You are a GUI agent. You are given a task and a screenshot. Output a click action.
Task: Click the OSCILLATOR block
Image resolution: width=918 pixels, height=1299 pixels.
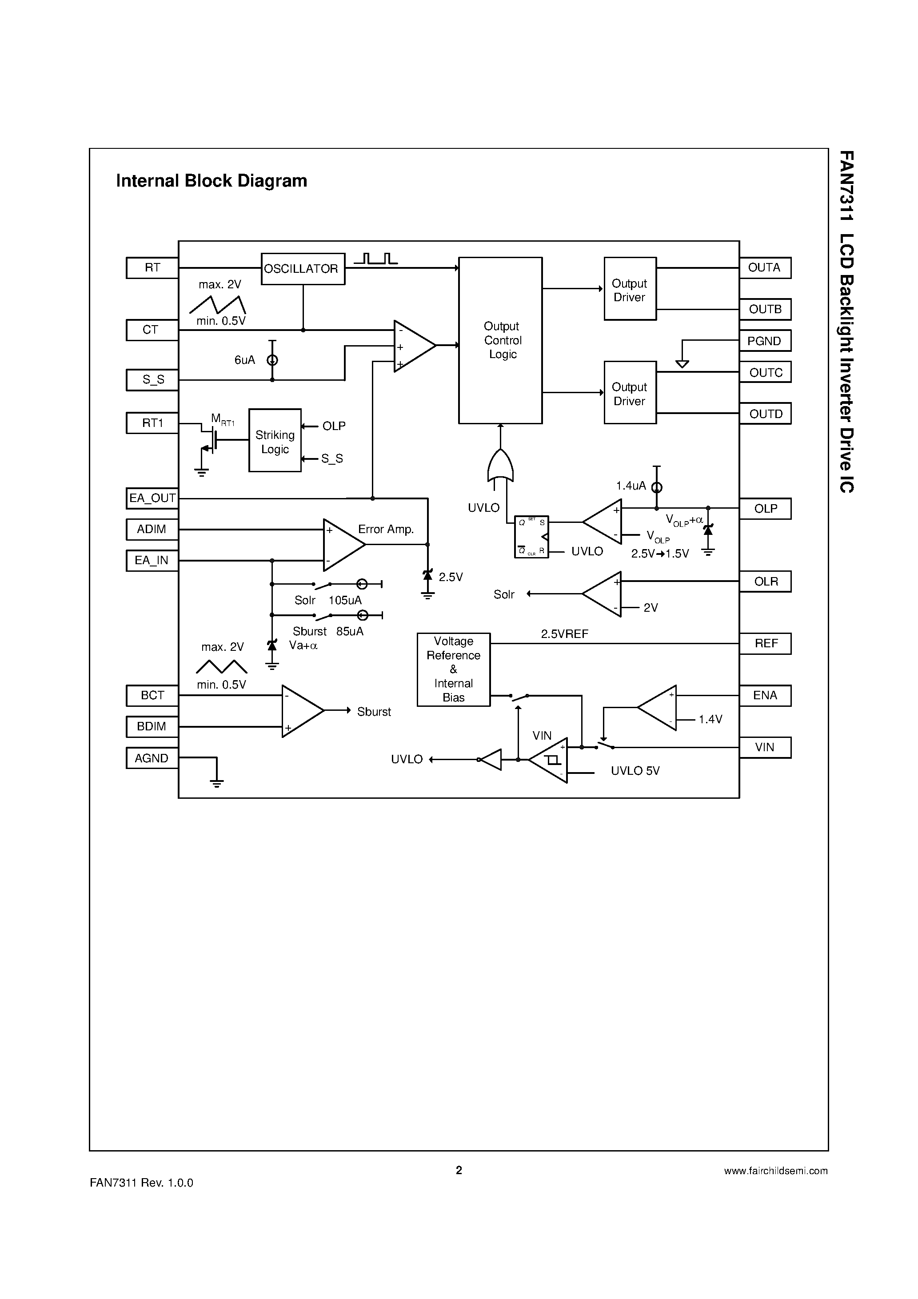tap(303, 269)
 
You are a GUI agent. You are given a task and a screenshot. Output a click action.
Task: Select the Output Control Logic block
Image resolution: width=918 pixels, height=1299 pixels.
tap(500, 340)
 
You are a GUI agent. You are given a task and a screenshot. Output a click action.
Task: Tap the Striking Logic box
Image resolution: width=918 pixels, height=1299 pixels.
tap(275, 440)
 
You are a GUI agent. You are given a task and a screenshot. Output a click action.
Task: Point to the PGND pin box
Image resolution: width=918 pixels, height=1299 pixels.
tap(765, 341)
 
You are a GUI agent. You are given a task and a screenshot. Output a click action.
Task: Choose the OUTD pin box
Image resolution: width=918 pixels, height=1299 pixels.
tap(765, 414)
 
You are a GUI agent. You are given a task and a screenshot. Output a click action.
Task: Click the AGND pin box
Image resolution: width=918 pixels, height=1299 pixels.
tap(152, 758)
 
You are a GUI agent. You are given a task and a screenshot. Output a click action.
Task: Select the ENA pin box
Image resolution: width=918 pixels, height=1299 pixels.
tap(765, 695)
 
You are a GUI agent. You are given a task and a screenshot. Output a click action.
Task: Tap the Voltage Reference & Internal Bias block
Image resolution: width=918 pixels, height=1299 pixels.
tap(453, 669)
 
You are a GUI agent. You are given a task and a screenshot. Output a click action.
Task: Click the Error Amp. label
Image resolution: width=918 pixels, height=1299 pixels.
tap(386, 529)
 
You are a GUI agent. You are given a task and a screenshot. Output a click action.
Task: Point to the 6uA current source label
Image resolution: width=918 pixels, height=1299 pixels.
tap(244, 360)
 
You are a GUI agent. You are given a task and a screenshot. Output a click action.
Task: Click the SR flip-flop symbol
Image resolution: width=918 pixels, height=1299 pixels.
tap(531, 536)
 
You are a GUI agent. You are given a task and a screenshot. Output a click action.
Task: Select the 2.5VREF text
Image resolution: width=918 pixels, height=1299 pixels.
tap(564, 634)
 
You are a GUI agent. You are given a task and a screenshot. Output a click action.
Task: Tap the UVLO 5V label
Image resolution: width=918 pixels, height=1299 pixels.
tap(635, 771)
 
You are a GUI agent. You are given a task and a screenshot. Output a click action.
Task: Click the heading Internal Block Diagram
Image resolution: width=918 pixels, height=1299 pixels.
tap(212, 180)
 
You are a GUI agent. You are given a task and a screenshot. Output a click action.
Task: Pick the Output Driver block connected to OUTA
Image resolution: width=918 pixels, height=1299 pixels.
tap(629, 289)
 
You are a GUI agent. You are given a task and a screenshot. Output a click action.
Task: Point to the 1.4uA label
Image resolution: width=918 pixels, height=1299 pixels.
tap(631, 486)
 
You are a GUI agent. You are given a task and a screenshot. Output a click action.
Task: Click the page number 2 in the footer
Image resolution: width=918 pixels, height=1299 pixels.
tap(459, 1170)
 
